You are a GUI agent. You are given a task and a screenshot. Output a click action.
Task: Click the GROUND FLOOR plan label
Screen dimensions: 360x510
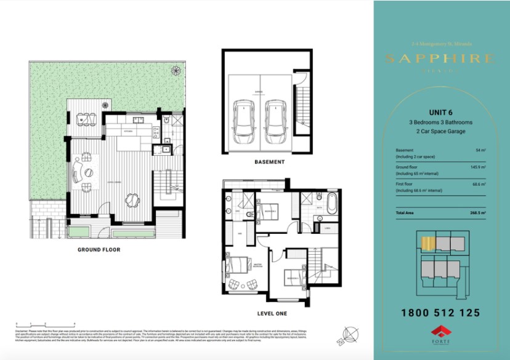[99, 250]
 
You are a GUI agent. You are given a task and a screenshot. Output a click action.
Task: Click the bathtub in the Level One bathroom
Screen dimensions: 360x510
[331, 202]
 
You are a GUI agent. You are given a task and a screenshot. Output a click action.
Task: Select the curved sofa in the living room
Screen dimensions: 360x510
[79, 170]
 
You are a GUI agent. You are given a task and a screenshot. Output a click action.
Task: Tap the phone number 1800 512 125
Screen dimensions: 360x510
[440, 313]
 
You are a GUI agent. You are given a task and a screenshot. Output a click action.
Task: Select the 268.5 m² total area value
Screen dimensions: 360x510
[476, 212]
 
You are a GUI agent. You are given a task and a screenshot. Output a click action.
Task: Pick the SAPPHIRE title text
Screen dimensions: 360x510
[440, 58]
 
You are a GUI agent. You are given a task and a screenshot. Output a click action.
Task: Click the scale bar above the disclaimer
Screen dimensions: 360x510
[45, 324]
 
